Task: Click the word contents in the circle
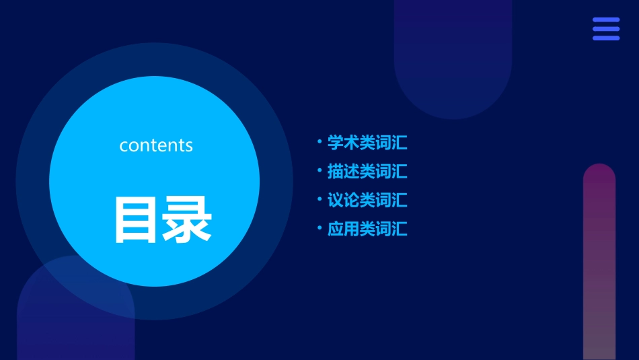coord(156,145)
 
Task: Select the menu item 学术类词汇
coord(367,143)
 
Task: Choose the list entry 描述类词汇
coord(367,172)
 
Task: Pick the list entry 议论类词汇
coord(367,201)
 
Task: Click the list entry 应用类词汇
coord(367,229)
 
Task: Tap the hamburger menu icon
coord(606,29)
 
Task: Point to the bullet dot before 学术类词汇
coord(319,142)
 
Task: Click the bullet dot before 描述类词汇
coord(319,171)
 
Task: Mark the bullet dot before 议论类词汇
coord(319,200)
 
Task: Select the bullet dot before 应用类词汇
coord(319,228)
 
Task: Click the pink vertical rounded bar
coord(599,262)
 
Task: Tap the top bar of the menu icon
coord(606,20)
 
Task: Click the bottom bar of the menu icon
coord(606,38)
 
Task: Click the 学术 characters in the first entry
coord(343,143)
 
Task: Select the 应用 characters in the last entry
coord(343,229)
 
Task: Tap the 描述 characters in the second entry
coord(343,172)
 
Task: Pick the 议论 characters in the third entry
coord(343,201)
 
